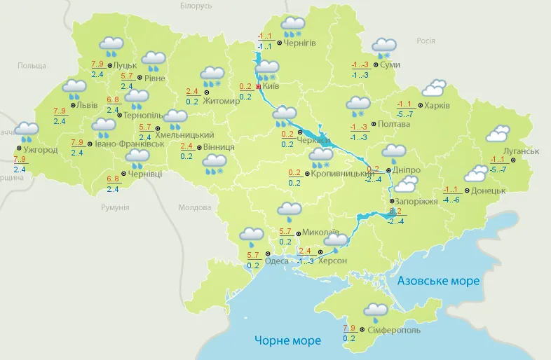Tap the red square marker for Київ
(x=259, y=87)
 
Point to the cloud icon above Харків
(x=434, y=88)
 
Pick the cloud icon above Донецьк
(x=476, y=173)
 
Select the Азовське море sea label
(x=438, y=281)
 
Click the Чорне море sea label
(x=287, y=341)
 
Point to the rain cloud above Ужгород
(x=27, y=131)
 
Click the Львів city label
(x=87, y=105)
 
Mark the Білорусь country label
(x=196, y=6)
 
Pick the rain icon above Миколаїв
(x=289, y=209)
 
